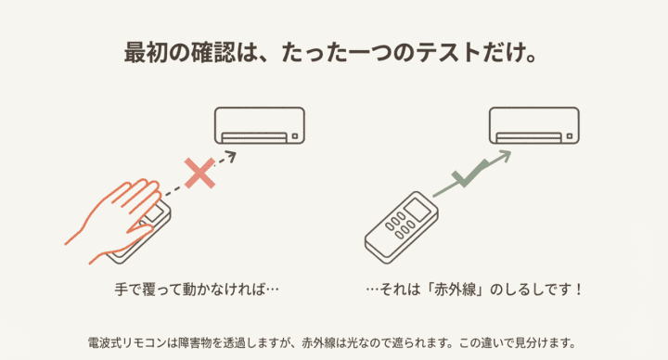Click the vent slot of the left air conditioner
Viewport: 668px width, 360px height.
(252, 137)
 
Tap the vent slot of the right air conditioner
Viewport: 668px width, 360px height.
(527, 137)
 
